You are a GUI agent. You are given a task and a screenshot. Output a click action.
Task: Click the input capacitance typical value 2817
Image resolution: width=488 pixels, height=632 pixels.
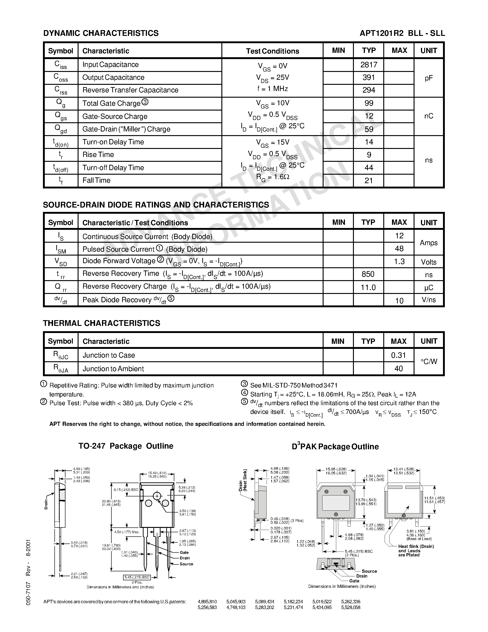369,65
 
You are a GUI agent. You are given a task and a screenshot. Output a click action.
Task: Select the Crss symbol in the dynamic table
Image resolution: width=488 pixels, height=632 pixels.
61,90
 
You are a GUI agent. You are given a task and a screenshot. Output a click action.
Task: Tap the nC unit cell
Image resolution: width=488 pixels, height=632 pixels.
429,116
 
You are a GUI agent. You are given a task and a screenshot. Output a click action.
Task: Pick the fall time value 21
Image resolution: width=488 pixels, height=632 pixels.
369,181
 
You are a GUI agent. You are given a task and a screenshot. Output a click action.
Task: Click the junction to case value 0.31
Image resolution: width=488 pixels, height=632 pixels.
398,355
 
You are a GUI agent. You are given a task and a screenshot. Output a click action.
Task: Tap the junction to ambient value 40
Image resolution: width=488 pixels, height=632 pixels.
398,368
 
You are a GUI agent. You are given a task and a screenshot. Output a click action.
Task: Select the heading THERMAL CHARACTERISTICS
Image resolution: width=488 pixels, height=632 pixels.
102,323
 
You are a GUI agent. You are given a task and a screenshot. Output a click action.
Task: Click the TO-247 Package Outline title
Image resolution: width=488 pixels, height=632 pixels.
126,446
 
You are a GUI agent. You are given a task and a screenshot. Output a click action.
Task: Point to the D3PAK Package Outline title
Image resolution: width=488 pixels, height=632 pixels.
335,447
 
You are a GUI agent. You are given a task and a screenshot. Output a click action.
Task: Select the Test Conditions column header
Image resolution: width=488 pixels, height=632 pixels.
272,51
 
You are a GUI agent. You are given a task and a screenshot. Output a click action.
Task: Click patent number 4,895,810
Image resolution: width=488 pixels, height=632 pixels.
207,602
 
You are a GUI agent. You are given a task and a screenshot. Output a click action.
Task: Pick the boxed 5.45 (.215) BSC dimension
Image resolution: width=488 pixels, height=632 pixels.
137,577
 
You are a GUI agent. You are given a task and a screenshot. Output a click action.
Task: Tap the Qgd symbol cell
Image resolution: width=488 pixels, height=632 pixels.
61,129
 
